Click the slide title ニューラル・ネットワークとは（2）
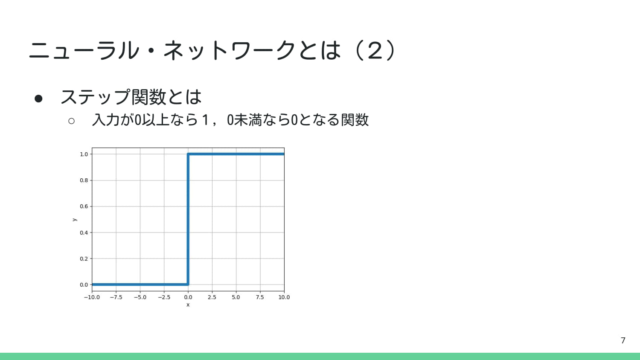(x=212, y=50)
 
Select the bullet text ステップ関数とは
(x=131, y=97)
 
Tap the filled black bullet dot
(x=38, y=99)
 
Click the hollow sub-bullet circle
(x=71, y=121)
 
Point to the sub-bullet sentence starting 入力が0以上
(x=230, y=120)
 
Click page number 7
(x=623, y=340)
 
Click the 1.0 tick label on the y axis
(x=84, y=154)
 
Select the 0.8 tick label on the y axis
(x=84, y=180)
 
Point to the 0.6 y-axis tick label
(x=84, y=206)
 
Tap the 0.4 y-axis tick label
(x=84, y=233)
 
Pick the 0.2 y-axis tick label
(x=84, y=259)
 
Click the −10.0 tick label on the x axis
(x=92, y=297)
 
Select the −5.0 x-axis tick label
(x=140, y=297)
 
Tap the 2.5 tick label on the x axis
(x=212, y=297)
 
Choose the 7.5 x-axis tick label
(x=260, y=297)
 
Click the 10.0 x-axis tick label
(x=284, y=297)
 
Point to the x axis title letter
(x=188, y=305)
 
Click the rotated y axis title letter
(x=75, y=220)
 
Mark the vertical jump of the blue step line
(x=188, y=219)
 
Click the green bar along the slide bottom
(x=320, y=356)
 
